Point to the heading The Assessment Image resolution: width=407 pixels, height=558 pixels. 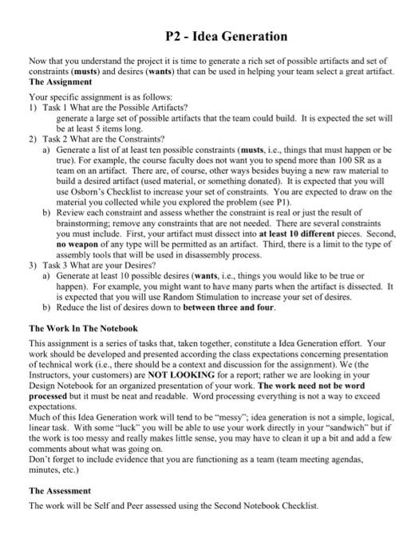(60, 491)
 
